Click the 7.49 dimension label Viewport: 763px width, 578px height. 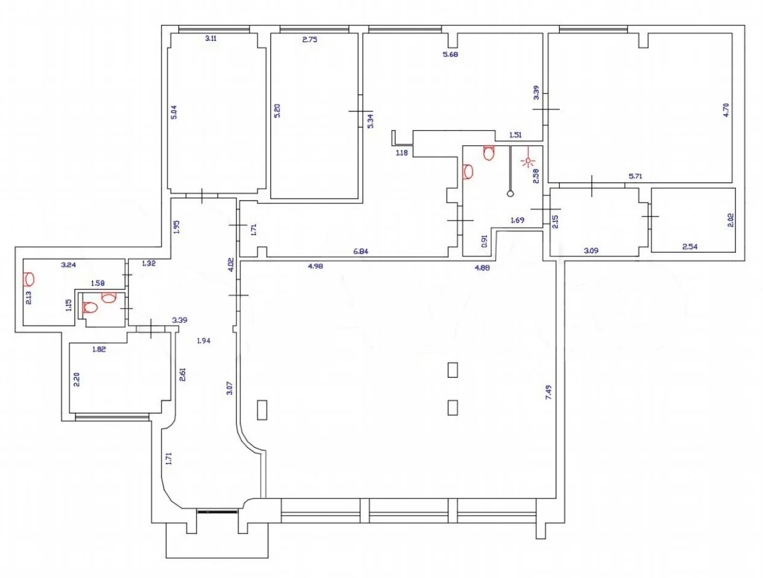point(549,392)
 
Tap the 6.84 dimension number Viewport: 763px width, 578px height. point(360,252)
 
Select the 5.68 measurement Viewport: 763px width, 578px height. point(450,54)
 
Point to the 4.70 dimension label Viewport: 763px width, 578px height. point(726,110)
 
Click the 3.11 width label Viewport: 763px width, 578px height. point(211,38)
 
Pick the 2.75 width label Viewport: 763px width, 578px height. point(309,40)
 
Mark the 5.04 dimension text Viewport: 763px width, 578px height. point(174,112)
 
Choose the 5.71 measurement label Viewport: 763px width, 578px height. point(635,176)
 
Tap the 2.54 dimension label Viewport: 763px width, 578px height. point(689,247)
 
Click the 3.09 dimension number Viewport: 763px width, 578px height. point(591,250)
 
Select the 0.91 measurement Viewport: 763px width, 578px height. point(484,241)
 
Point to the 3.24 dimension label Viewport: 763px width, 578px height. point(69,265)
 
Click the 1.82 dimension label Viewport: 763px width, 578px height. point(99,349)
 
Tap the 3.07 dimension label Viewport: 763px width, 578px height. point(230,388)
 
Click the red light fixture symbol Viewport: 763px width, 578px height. point(528,160)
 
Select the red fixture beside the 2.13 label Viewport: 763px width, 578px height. point(28,279)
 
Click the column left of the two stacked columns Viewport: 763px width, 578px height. point(262,410)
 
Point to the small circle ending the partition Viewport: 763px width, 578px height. point(510,194)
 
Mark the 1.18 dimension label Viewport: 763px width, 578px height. point(401,152)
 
